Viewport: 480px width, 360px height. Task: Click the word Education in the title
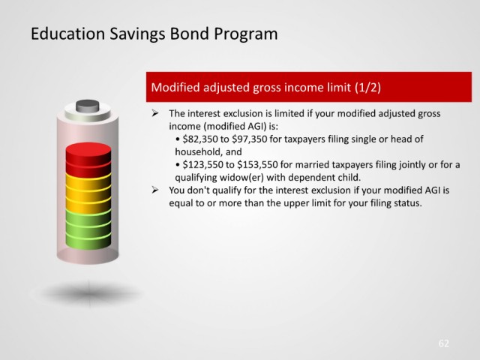point(67,33)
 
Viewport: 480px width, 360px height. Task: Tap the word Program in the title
point(246,34)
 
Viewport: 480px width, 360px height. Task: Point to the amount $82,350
point(200,139)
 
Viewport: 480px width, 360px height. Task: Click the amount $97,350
point(249,139)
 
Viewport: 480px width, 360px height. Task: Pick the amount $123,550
point(203,165)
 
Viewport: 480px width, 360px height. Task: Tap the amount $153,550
point(257,165)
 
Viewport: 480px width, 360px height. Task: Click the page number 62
point(443,343)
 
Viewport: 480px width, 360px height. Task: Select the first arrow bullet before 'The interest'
point(155,113)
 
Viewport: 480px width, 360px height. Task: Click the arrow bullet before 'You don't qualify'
point(155,190)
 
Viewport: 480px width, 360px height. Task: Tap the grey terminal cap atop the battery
point(88,106)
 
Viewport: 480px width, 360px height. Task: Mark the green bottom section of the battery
point(88,229)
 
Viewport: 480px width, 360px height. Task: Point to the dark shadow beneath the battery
point(88,293)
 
